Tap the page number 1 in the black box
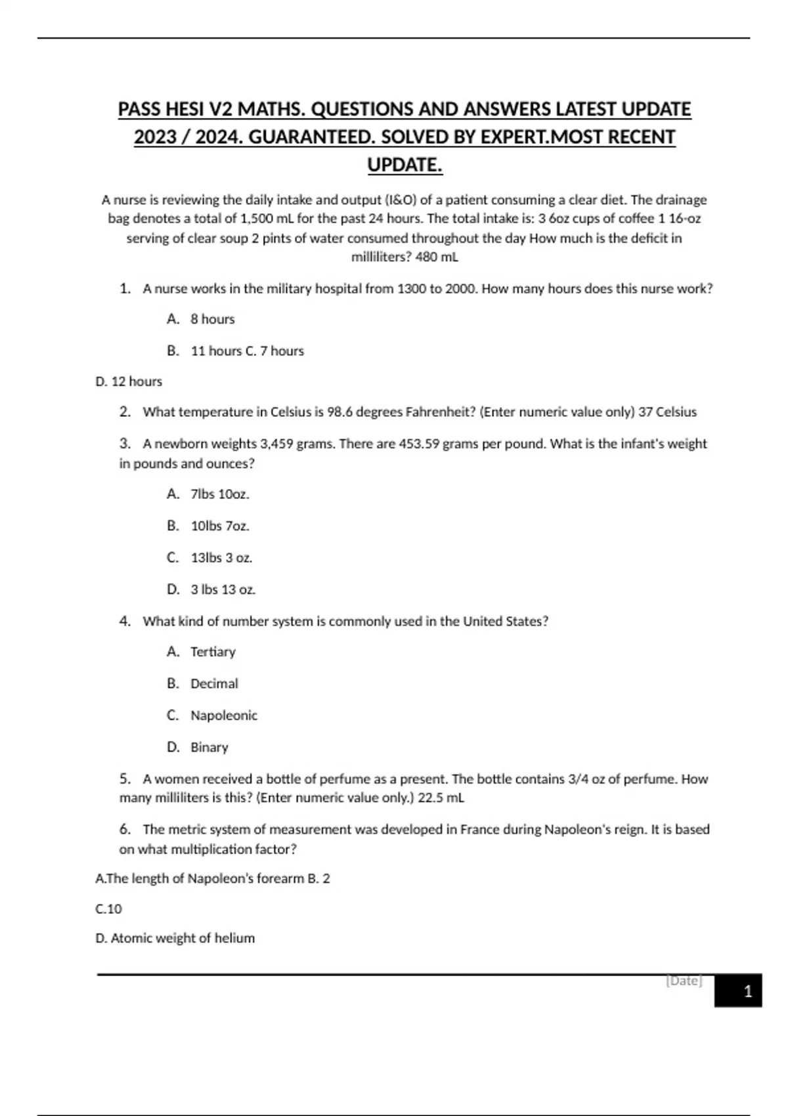click(x=747, y=991)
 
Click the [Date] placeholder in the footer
click(x=684, y=981)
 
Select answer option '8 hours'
click(x=212, y=319)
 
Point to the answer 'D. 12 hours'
click(x=129, y=381)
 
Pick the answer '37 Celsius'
click(x=667, y=412)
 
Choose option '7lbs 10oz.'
click(x=219, y=494)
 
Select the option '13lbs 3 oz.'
click(x=221, y=558)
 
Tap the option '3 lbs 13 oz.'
click(x=223, y=590)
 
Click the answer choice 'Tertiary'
click(x=213, y=652)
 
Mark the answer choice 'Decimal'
click(x=214, y=683)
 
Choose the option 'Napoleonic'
click(x=223, y=716)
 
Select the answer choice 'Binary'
click(x=209, y=747)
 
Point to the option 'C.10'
click(x=109, y=909)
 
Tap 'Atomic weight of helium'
click(x=182, y=938)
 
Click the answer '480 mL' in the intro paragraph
click(x=437, y=257)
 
